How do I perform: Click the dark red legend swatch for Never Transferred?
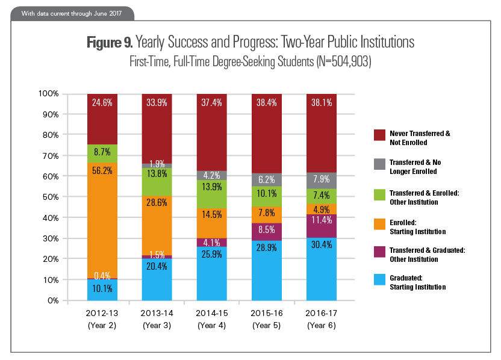pyautogui.click(x=380, y=134)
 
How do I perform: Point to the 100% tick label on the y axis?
pyautogui.click(x=48, y=94)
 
